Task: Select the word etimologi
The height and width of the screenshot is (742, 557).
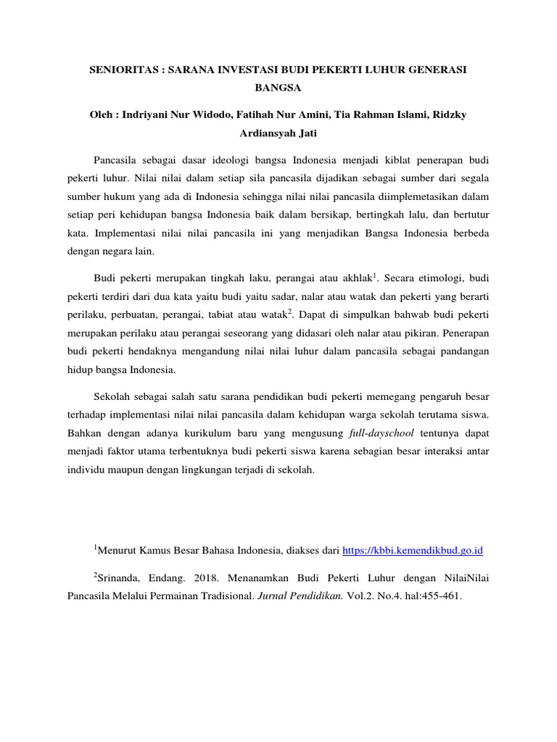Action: [x=442, y=278]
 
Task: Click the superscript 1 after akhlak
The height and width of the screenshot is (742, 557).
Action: [x=375, y=275]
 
